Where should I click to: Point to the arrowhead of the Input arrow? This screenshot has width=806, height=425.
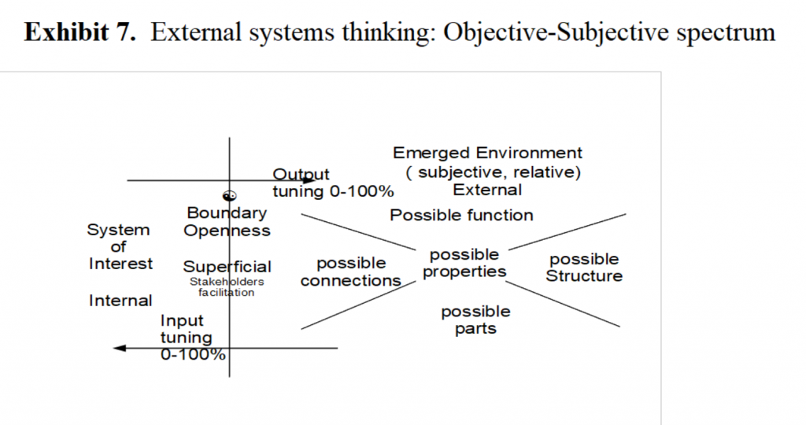click(120, 347)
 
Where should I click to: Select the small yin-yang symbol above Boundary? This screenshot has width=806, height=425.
click(230, 196)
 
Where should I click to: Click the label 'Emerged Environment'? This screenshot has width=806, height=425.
click(488, 153)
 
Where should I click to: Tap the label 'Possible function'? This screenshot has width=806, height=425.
click(462, 215)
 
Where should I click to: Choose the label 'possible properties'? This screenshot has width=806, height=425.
click(464, 263)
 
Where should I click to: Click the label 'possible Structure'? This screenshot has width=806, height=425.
click(584, 268)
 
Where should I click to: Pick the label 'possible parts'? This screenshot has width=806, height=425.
click(475, 320)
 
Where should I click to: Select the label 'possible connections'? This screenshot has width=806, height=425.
click(351, 272)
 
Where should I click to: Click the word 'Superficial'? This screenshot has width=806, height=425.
click(227, 267)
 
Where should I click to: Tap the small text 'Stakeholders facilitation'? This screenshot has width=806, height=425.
click(227, 286)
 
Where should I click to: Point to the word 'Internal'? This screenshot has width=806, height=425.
click(120, 301)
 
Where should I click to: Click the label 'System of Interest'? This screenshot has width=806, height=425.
click(120, 246)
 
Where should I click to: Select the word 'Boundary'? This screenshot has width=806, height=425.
click(227, 213)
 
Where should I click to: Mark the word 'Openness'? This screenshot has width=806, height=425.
click(227, 231)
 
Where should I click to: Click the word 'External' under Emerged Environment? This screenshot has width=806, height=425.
click(487, 190)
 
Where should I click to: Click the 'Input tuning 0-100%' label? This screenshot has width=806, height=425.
click(189, 337)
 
